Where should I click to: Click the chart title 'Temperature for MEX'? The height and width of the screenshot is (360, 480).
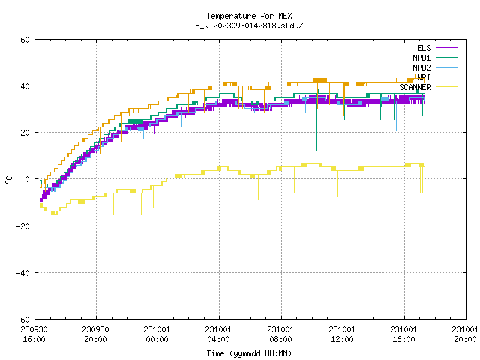click(249, 16)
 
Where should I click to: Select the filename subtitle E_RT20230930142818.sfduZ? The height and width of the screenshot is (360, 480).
click(249, 25)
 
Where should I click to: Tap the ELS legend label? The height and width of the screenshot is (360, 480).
click(424, 48)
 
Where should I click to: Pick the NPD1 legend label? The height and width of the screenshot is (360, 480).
click(421, 58)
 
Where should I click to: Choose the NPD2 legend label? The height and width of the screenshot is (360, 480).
click(421, 67)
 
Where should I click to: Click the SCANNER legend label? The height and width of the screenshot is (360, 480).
click(415, 87)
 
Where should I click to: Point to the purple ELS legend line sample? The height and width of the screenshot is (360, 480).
click(446, 48)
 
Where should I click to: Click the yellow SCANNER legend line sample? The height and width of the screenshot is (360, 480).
click(446, 87)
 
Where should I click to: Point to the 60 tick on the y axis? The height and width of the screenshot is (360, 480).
click(25, 40)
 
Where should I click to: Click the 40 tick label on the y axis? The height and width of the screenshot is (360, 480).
click(25, 86)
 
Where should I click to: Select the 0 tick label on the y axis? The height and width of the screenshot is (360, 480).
click(28, 179)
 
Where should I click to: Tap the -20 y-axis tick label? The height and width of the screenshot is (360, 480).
click(23, 226)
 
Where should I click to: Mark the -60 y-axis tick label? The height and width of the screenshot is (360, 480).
click(23, 319)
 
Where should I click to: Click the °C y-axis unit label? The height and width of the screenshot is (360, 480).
click(8, 180)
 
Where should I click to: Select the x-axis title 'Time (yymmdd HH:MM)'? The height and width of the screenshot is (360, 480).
click(249, 353)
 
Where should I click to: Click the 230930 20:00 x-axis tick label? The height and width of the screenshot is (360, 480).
click(95, 334)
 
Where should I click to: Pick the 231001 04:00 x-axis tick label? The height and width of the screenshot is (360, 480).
click(218, 334)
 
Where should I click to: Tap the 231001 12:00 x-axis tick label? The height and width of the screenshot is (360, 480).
click(342, 334)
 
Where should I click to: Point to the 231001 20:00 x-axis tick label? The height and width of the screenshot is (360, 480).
click(465, 334)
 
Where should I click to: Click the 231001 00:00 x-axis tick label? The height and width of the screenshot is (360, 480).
click(157, 334)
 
